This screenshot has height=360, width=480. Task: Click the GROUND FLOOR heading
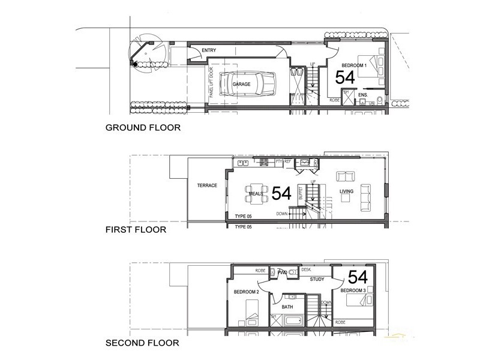tap(143, 128)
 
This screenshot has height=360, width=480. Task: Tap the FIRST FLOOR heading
tap(136, 229)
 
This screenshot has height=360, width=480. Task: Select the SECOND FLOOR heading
tap(142, 343)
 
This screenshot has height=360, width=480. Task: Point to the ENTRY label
tap(209, 50)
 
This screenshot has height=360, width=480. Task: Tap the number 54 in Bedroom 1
tap(345, 77)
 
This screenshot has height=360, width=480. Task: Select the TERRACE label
tap(206, 186)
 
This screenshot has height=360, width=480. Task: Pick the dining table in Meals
tap(257, 193)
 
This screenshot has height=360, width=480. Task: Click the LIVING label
tap(347, 192)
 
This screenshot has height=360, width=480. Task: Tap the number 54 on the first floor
tap(281, 193)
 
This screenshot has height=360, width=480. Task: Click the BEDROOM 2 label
tap(246, 292)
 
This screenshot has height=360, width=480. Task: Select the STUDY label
tap(317, 280)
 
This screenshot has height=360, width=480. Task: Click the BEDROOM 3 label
tap(353, 290)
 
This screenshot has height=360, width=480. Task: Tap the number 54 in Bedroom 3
tap(358, 277)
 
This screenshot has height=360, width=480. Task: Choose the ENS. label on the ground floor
tap(363, 95)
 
